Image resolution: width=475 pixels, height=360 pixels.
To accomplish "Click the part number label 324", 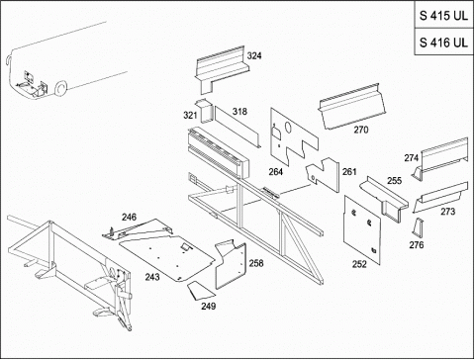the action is point(254,56).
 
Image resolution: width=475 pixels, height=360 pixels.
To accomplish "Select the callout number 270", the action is point(361,130).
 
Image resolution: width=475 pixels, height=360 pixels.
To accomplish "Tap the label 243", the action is point(152,277).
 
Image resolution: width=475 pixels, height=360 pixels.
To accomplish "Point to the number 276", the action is point(417,245).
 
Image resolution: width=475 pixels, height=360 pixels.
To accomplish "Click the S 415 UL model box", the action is point(444,15).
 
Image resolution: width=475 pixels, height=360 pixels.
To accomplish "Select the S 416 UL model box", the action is point(444,43).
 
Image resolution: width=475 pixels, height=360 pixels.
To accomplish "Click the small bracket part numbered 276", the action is point(419,227).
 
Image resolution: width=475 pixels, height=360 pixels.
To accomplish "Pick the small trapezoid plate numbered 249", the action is point(201,291).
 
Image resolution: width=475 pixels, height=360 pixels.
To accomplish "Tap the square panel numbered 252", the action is point(362,230).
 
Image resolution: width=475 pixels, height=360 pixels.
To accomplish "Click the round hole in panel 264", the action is point(287,127).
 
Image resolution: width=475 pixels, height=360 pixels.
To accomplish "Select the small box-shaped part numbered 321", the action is point(205,111).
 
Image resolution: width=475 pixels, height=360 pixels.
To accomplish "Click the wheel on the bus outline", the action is point(60,88).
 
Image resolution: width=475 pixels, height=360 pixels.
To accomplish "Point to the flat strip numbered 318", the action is point(237,127).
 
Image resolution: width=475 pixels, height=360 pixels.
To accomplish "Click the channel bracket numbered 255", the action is point(385,199).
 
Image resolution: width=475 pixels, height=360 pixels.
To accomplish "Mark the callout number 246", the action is point(129,218).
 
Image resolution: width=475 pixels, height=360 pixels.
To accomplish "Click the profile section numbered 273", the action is point(440,197).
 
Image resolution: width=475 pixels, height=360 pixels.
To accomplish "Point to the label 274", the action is point(412,158).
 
